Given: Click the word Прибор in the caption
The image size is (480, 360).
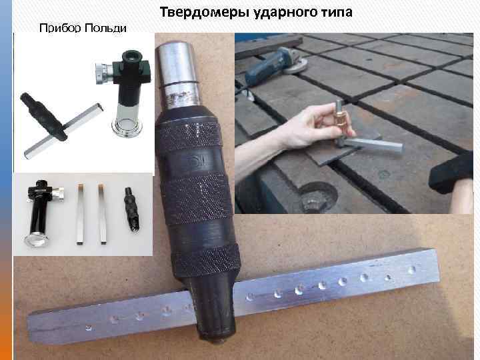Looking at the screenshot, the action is [x=60, y=28].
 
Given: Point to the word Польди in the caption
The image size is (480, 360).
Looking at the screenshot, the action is [x=105, y=28].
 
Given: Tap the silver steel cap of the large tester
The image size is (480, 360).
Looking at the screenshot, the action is [x=177, y=75].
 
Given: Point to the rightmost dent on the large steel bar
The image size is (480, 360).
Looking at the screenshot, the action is [x=411, y=270].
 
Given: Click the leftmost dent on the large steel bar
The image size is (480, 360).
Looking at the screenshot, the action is [x=89, y=328].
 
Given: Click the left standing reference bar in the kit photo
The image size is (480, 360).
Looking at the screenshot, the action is [x=80, y=214].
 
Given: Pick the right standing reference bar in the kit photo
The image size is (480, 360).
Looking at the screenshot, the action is [x=102, y=214].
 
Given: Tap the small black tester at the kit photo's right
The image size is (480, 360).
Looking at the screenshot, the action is [x=132, y=210].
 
